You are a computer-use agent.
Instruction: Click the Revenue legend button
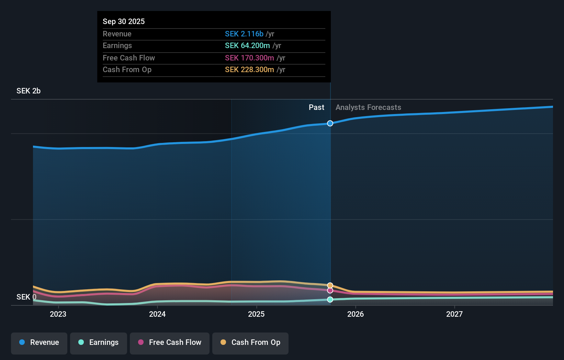click(39, 342)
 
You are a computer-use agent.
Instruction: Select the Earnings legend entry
click(99, 342)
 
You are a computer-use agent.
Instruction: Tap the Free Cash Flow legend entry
click(170, 342)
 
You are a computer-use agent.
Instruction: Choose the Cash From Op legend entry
click(250, 342)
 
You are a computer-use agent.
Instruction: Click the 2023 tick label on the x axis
click(58, 314)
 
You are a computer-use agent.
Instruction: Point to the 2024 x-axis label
click(157, 314)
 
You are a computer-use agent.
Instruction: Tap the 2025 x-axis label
click(256, 314)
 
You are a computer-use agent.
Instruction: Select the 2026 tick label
click(356, 314)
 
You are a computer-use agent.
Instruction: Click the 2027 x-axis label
click(454, 314)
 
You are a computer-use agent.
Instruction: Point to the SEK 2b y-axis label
click(29, 91)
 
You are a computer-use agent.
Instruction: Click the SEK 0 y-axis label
click(26, 297)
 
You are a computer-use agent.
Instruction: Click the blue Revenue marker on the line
click(330, 123)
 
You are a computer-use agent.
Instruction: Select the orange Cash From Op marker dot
click(330, 285)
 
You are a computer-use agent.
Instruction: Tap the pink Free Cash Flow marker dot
click(330, 291)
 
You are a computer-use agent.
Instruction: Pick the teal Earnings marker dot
click(330, 300)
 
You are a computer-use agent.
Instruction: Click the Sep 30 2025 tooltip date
click(124, 21)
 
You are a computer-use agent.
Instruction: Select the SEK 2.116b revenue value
click(244, 34)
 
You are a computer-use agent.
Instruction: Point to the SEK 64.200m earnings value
click(247, 45)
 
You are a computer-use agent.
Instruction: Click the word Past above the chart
click(316, 107)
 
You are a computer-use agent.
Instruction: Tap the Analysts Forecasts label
click(368, 107)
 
